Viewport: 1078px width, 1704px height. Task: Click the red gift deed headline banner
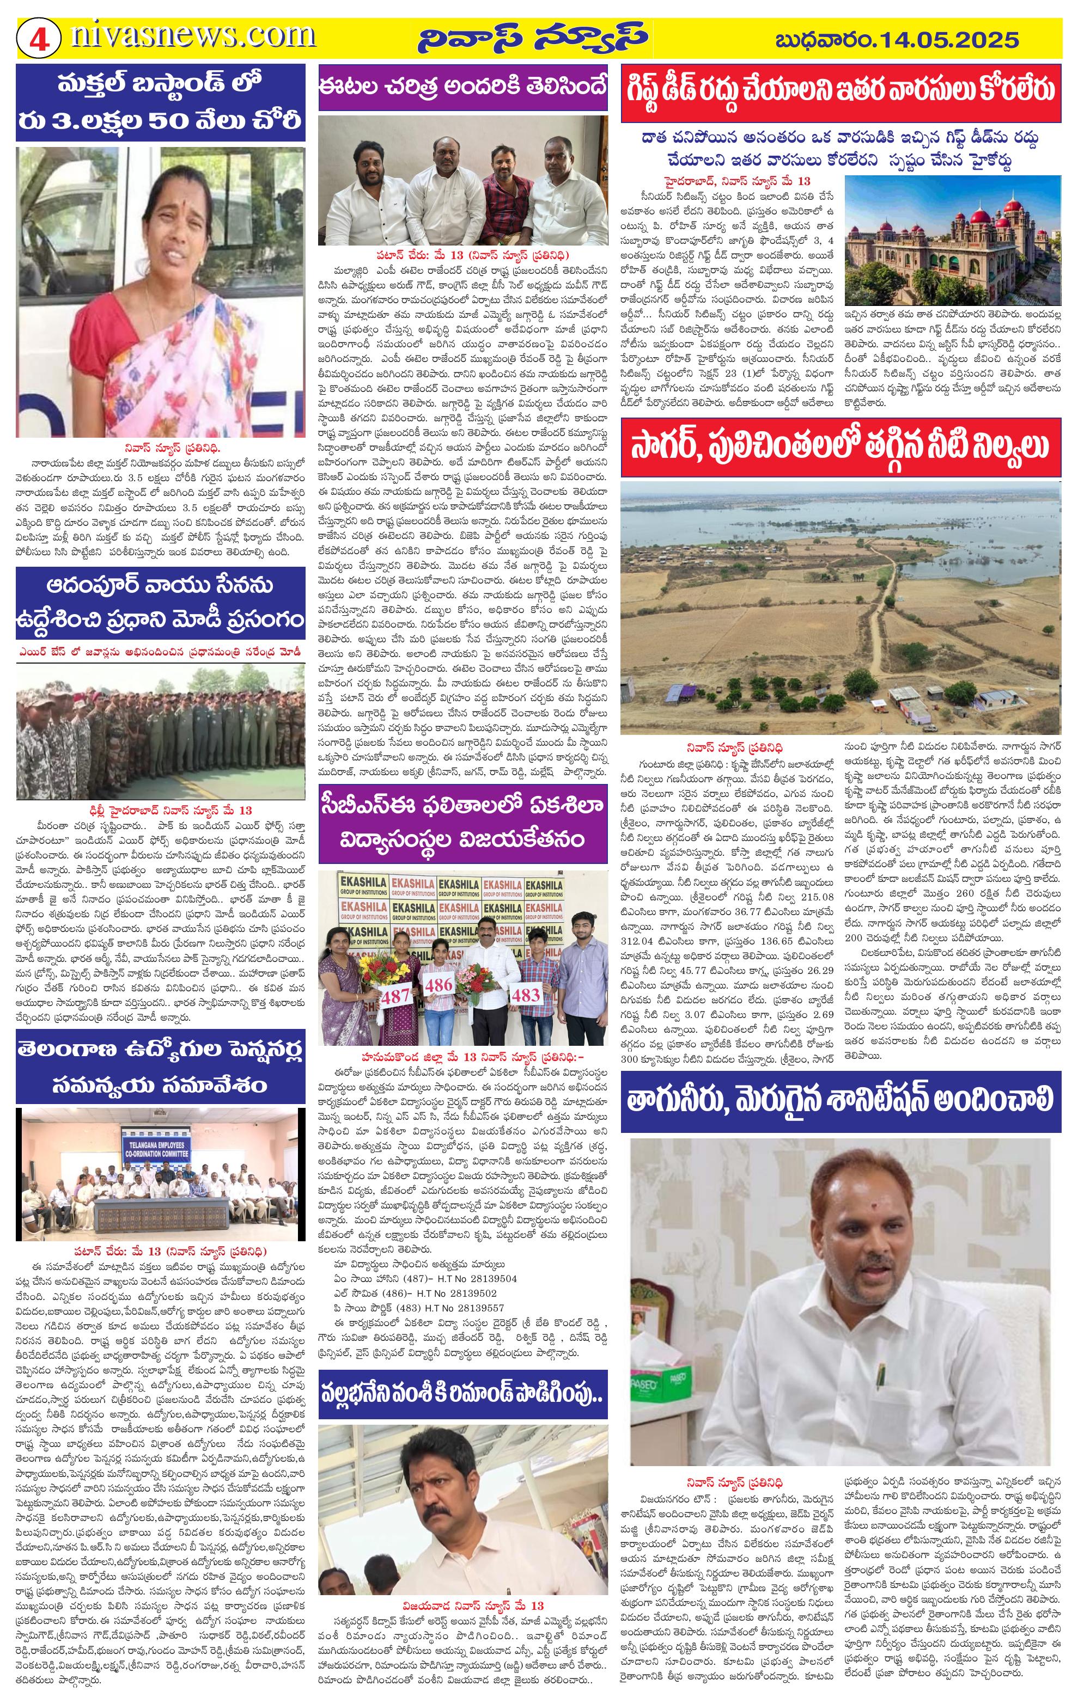(841, 91)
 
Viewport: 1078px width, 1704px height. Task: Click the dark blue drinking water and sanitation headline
(841, 1100)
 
